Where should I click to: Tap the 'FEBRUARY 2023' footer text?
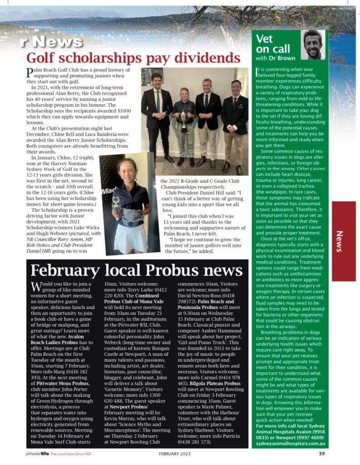tap(175, 453)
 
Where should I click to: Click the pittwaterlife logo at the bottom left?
tap(37, 453)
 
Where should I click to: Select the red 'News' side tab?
tap(344, 241)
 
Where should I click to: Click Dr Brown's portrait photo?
tap(313, 45)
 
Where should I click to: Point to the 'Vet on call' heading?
tap(271, 44)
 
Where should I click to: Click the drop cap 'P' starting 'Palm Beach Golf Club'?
tap(30, 72)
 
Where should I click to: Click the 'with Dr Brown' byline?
tap(276, 58)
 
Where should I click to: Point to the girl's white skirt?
tap(131, 238)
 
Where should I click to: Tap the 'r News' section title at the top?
tap(51, 42)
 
